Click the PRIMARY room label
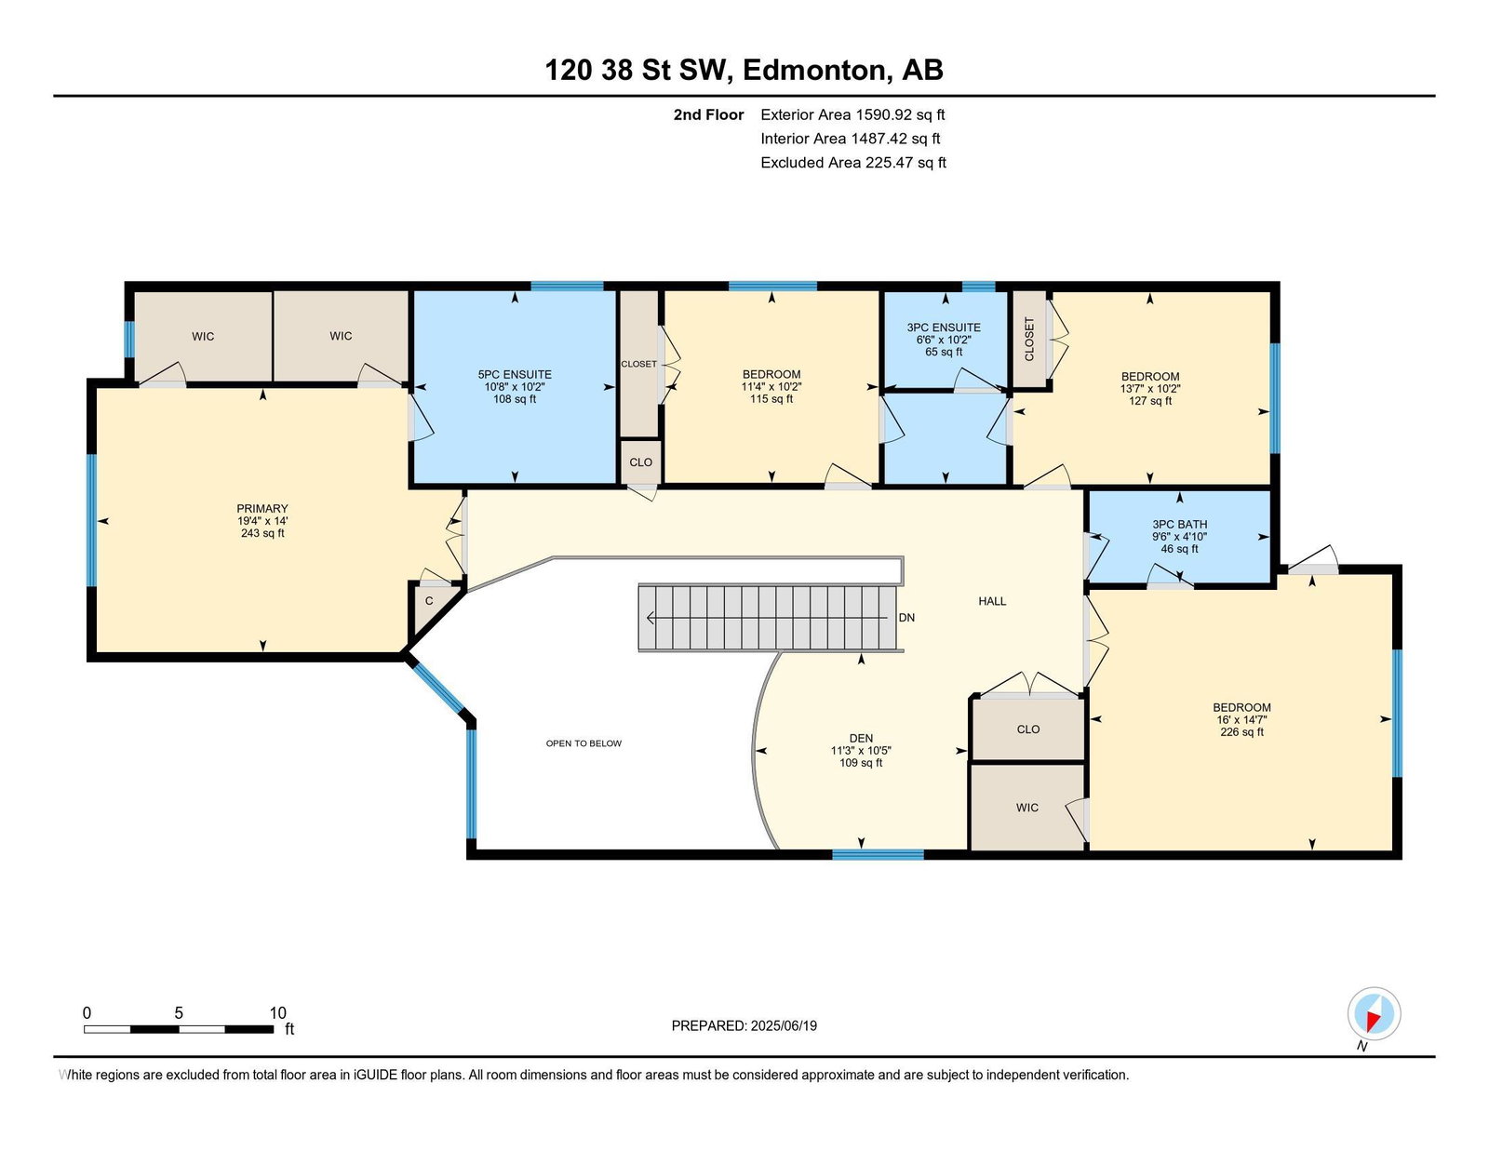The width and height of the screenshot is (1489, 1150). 262,508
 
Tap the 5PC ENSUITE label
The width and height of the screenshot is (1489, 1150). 515,375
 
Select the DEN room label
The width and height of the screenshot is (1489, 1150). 861,738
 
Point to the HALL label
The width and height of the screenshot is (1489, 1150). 991,601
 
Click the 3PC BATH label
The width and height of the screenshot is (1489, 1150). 1179,524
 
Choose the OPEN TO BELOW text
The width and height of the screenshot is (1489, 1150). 584,743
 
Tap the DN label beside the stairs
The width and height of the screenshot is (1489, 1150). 906,618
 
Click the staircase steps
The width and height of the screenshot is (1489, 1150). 768,618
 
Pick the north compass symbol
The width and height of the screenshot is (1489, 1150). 1374,1014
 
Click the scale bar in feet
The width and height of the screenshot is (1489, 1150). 179,1029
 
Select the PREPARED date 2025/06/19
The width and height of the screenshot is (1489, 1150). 744,1025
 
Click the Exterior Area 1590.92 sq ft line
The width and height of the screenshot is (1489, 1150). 852,115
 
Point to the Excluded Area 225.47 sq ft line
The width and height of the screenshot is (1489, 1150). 853,163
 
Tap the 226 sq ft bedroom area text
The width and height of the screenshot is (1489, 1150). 1241,732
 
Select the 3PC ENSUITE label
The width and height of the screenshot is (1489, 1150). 944,328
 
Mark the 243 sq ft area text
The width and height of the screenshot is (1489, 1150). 262,533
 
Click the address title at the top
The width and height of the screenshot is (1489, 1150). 744,70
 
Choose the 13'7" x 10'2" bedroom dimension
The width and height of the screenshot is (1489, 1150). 1150,388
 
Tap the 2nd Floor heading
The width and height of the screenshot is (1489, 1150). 708,115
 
